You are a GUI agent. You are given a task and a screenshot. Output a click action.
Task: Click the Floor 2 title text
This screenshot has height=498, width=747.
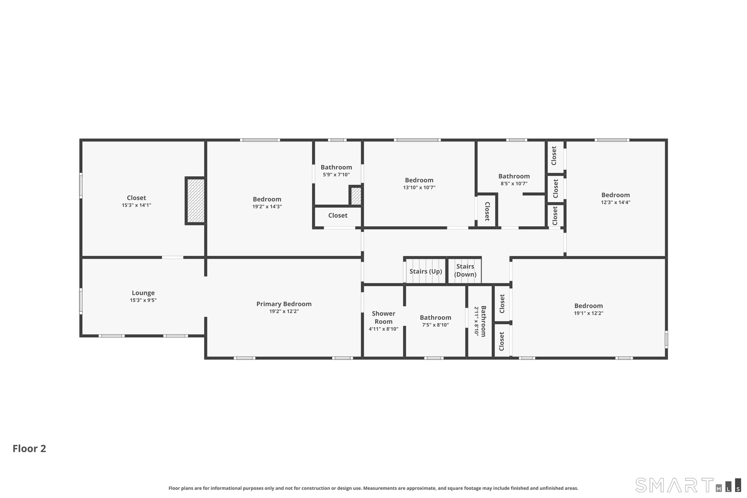(x=29, y=449)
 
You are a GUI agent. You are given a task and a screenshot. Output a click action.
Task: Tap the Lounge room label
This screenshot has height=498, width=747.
(x=143, y=293)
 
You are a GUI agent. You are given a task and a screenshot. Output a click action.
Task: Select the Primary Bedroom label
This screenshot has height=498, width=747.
(x=284, y=304)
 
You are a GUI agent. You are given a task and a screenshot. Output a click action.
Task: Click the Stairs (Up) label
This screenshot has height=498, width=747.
(x=426, y=271)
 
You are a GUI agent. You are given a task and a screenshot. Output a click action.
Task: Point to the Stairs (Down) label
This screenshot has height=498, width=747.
(x=465, y=270)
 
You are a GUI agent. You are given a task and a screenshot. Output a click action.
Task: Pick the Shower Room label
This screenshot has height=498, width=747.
(x=384, y=317)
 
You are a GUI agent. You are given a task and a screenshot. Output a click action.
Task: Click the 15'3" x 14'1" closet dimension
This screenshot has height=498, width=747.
(x=137, y=205)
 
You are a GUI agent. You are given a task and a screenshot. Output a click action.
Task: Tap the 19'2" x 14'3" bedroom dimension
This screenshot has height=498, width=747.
(x=267, y=207)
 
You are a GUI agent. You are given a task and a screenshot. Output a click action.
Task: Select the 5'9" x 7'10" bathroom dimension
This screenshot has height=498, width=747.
(x=336, y=175)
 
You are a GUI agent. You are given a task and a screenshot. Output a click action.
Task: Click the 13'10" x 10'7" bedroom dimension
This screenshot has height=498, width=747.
(x=419, y=188)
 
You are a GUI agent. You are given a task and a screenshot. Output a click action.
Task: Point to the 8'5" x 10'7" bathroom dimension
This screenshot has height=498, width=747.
(x=514, y=184)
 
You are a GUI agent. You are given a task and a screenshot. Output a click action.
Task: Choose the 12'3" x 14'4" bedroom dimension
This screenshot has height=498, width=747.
(x=615, y=202)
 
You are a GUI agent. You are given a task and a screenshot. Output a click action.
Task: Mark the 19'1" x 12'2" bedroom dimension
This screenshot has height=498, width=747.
(x=589, y=313)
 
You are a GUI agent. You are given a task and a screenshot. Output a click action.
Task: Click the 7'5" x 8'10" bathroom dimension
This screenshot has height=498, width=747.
(x=435, y=325)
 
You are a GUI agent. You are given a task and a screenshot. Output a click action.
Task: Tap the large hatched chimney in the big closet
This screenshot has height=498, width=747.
(x=195, y=201)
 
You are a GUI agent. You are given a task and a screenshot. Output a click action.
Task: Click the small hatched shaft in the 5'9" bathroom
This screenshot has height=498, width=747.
(x=356, y=196)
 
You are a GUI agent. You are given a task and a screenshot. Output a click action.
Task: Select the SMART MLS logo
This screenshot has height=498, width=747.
(x=688, y=485)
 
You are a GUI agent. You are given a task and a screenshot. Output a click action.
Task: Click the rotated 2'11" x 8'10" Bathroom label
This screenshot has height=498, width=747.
(x=480, y=321)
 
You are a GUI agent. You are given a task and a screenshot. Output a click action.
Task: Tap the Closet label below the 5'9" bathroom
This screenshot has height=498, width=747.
(x=338, y=216)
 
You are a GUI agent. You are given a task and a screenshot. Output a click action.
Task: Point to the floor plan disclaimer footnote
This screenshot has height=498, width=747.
(x=373, y=488)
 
